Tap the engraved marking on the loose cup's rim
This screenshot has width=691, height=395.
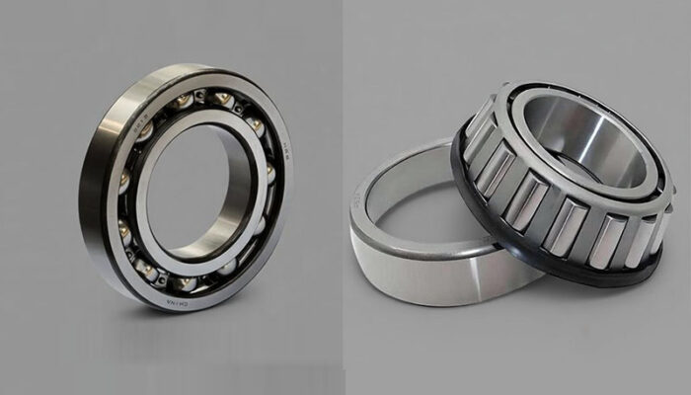(356, 203)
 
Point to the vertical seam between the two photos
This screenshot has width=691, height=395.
(343, 197)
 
